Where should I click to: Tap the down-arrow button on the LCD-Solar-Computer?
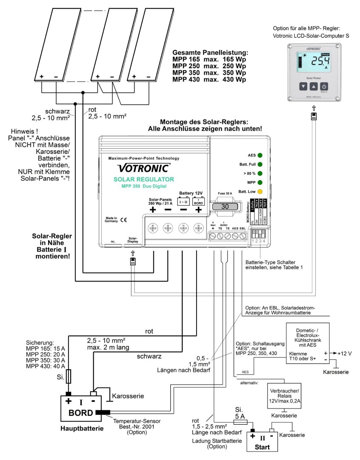303,86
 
